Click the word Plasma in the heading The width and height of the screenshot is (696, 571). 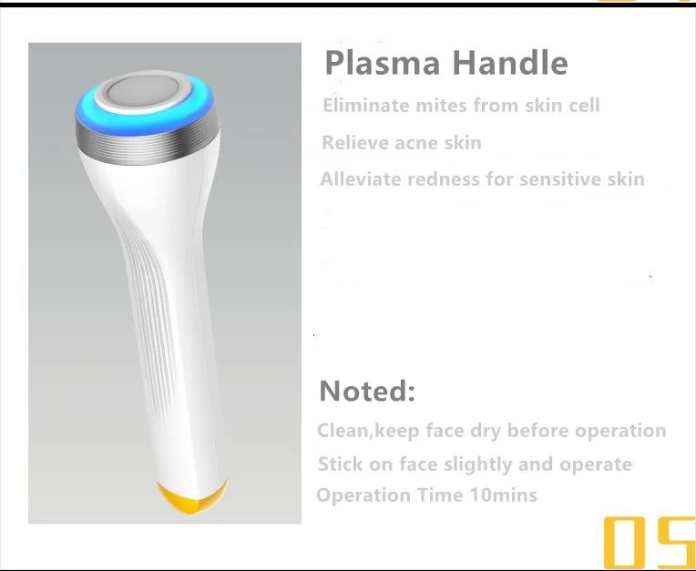[x=383, y=64]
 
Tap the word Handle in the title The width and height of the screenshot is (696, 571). [x=510, y=62]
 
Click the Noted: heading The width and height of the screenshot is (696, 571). [x=367, y=391]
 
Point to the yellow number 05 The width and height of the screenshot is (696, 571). [x=650, y=543]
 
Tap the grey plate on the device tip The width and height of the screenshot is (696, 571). [x=143, y=92]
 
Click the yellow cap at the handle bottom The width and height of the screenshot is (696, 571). [x=192, y=496]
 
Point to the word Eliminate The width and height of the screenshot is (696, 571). [x=366, y=106]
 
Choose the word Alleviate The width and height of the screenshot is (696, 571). [x=361, y=179]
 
